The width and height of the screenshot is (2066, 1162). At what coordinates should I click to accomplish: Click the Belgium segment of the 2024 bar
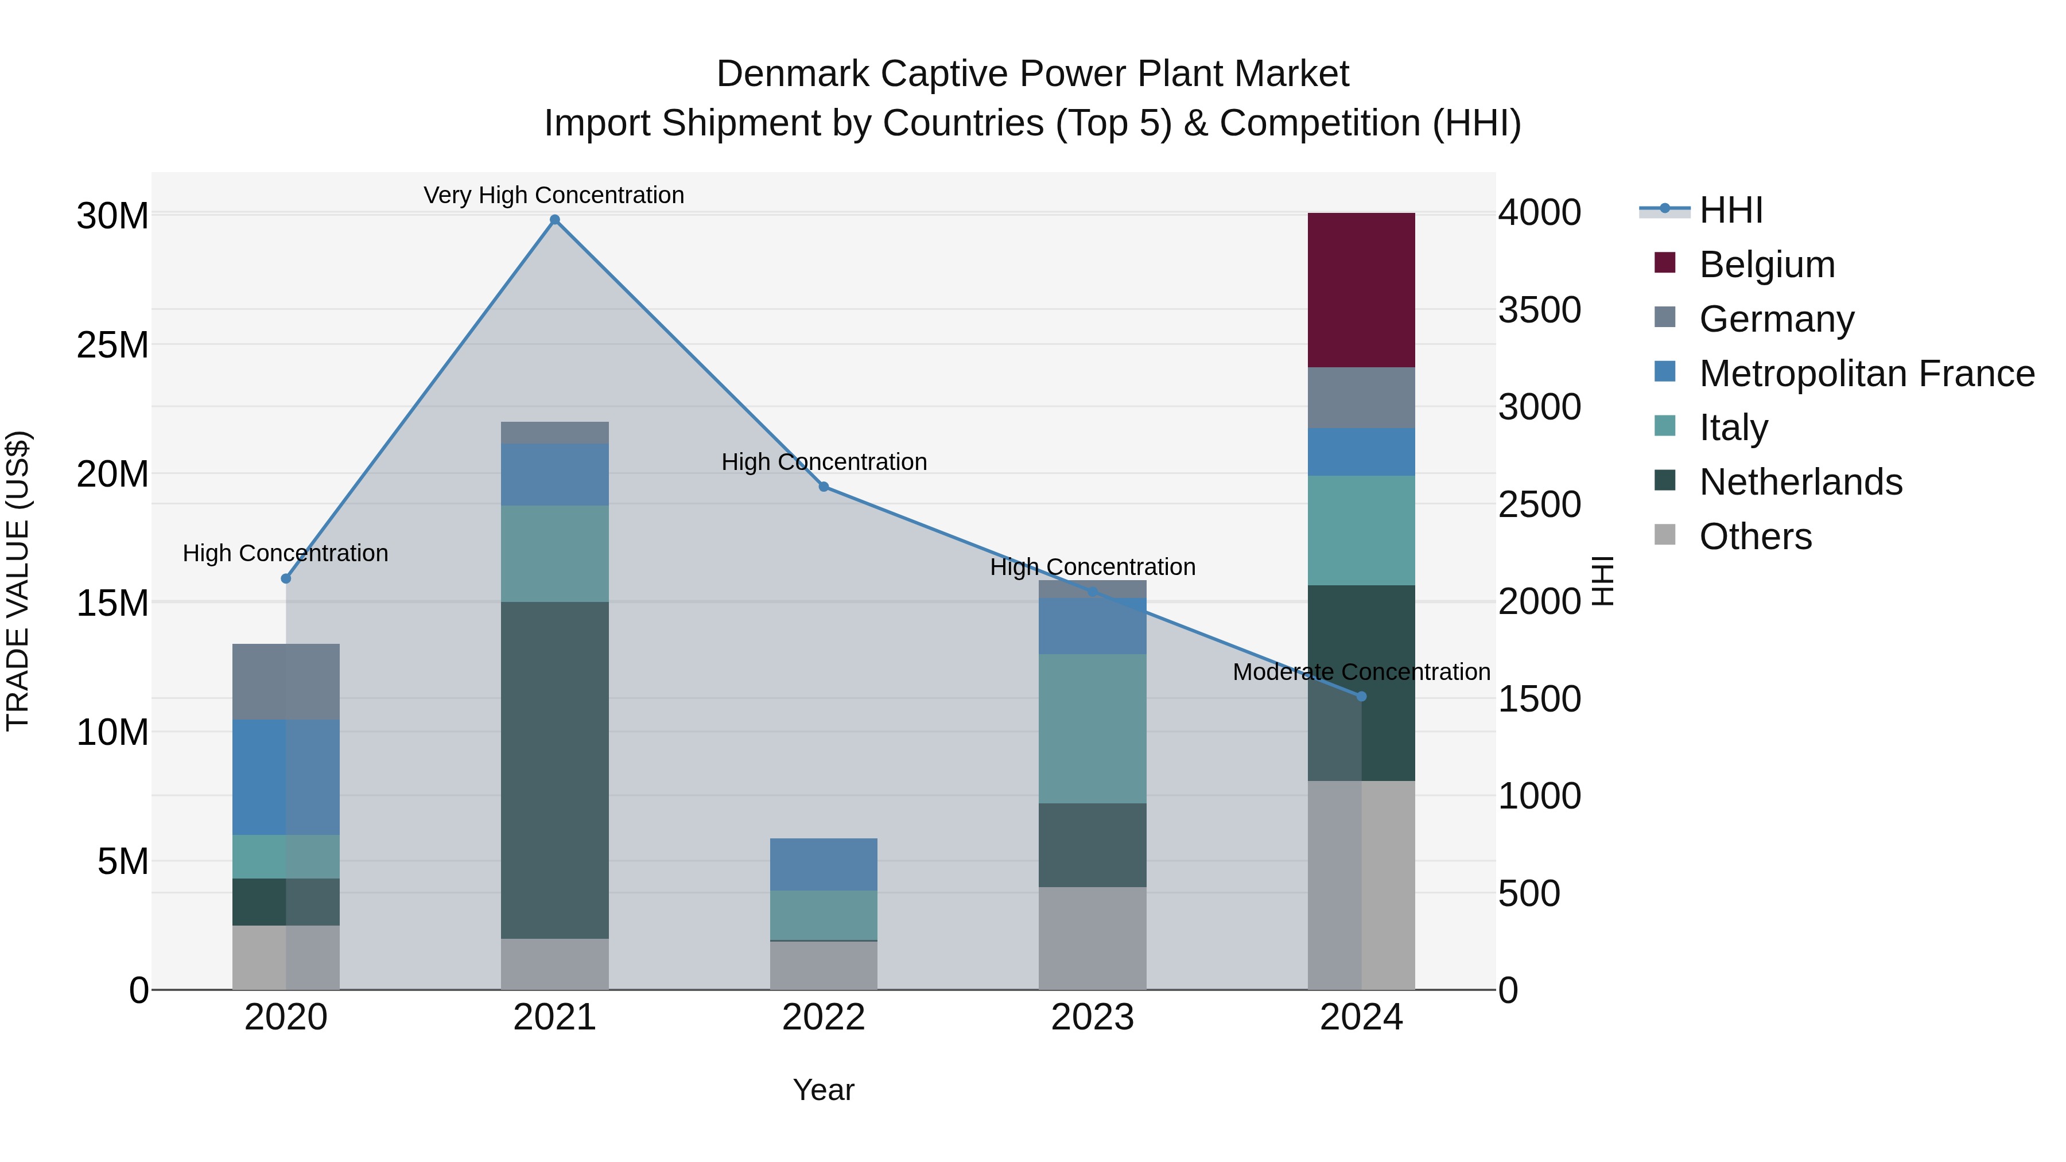pyautogui.click(x=1361, y=290)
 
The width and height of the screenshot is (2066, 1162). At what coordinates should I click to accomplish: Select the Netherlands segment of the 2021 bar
pyautogui.click(x=554, y=770)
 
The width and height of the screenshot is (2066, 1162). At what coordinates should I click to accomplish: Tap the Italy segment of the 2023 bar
pyautogui.click(x=1092, y=728)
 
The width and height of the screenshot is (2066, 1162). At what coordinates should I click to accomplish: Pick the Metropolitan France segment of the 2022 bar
pyautogui.click(x=824, y=865)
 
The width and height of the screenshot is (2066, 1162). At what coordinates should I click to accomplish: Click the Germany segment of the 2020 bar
pyautogui.click(x=286, y=682)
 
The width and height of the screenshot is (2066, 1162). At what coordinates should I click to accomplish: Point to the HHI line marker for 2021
pyautogui.click(x=554, y=220)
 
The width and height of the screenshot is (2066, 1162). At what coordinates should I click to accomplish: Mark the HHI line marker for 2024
pyautogui.click(x=1361, y=696)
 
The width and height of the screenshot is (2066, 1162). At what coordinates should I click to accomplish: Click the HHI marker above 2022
pyautogui.click(x=824, y=487)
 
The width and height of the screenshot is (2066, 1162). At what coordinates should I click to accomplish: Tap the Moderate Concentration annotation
pyautogui.click(x=1361, y=672)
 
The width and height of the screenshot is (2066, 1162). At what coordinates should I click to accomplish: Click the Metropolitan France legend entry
pyautogui.click(x=1866, y=374)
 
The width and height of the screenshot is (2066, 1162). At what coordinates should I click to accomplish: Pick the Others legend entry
pyautogui.click(x=1755, y=537)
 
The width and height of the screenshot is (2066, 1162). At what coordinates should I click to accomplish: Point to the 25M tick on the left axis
pyautogui.click(x=112, y=345)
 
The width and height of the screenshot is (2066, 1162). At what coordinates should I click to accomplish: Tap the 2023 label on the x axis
pyautogui.click(x=1092, y=1017)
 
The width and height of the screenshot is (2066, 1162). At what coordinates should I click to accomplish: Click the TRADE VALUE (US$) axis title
pyautogui.click(x=18, y=581)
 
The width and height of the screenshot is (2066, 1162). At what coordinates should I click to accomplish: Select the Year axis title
pyautogui.click(x=824, y=1090)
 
